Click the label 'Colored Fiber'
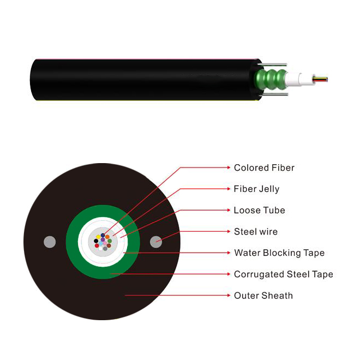(264, 168)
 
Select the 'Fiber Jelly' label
(256, 189)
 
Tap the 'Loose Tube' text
(259, 211)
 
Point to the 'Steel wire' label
(256, 232)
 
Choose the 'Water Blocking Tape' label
(279, 253)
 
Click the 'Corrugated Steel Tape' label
(283, 274)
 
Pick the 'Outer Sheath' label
(263, 296)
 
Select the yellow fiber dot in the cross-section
(98, 237)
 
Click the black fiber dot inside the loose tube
(96, 241)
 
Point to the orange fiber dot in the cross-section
(107, 237)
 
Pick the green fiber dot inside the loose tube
(110, 241)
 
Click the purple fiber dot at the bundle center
(103, 240)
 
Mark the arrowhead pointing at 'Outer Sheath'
(229, 296)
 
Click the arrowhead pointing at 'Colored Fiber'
(229, 168)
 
